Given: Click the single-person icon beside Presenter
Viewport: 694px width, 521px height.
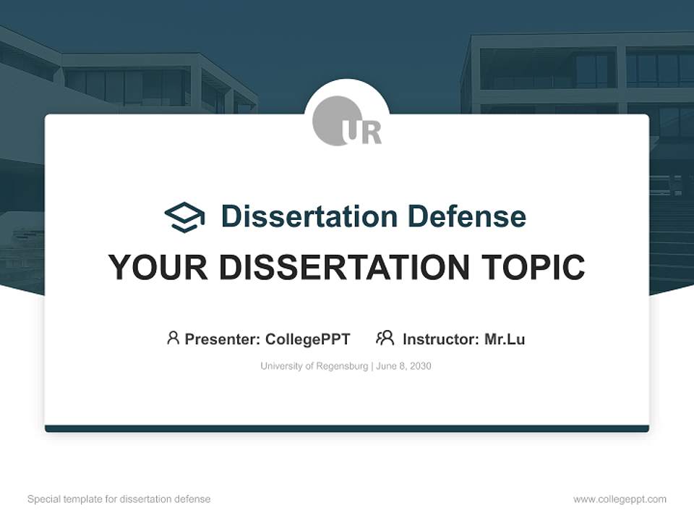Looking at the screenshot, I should (x=173, y=338).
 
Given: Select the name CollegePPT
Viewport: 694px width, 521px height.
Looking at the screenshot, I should (x=308, y=339).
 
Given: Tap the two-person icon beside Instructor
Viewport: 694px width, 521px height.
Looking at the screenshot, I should (x=385, y=338).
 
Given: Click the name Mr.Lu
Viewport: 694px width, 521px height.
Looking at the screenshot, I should (x=505, y=339).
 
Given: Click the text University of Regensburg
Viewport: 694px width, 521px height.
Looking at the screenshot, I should (x=314, y=366).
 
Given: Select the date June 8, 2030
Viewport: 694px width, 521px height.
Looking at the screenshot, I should (x=403, y=366).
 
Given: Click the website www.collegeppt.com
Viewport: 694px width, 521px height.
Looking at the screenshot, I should (x=620, y=499).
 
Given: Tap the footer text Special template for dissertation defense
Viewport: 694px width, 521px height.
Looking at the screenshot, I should (x=119, y=499).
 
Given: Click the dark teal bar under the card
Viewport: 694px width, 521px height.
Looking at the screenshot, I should (x=347, y=428).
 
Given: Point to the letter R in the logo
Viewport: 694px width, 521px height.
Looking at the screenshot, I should (x=370, y=133).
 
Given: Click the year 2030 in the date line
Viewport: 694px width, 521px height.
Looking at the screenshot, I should (x=419, y=366).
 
